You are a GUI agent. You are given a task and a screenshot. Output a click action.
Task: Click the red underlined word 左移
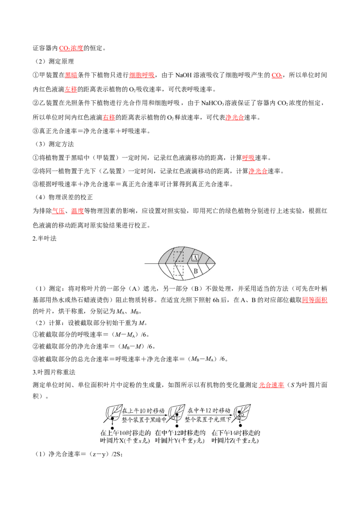(x=71, y=89)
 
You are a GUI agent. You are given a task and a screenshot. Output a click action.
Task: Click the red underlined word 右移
(x=109, y=117)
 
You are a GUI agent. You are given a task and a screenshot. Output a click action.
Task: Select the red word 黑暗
(x=71, y=75)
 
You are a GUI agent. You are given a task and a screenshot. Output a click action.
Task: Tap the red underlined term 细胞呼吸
(x=142, y=75)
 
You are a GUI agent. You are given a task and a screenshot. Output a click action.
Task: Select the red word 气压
(x=58, y=211)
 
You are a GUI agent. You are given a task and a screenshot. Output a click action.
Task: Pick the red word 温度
(x=77, y=211)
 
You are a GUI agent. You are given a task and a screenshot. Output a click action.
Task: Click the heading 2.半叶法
(x=45, y=239)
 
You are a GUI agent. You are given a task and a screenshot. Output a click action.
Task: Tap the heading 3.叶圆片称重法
(x=54, y=372)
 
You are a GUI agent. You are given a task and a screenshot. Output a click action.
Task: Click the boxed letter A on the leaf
(x=195, y=258)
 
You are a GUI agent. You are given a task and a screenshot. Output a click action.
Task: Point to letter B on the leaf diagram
(x=196, y=271)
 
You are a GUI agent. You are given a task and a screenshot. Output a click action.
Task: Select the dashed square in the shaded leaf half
(x=178, y=256)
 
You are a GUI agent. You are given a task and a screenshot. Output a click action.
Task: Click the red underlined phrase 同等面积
(x=315, y=300)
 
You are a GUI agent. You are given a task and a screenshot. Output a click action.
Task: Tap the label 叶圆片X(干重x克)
(x=125, y=441)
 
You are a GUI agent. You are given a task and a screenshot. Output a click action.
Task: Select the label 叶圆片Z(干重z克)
(x=235, y=441)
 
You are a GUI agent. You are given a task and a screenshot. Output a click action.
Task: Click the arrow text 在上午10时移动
(x=143, y=411)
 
